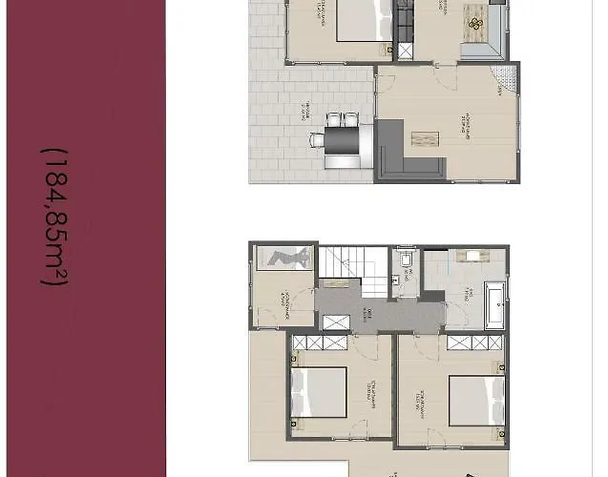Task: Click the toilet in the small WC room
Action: (405, 259)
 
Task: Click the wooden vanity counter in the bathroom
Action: (470, 256)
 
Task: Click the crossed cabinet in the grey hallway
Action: (337, 321)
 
